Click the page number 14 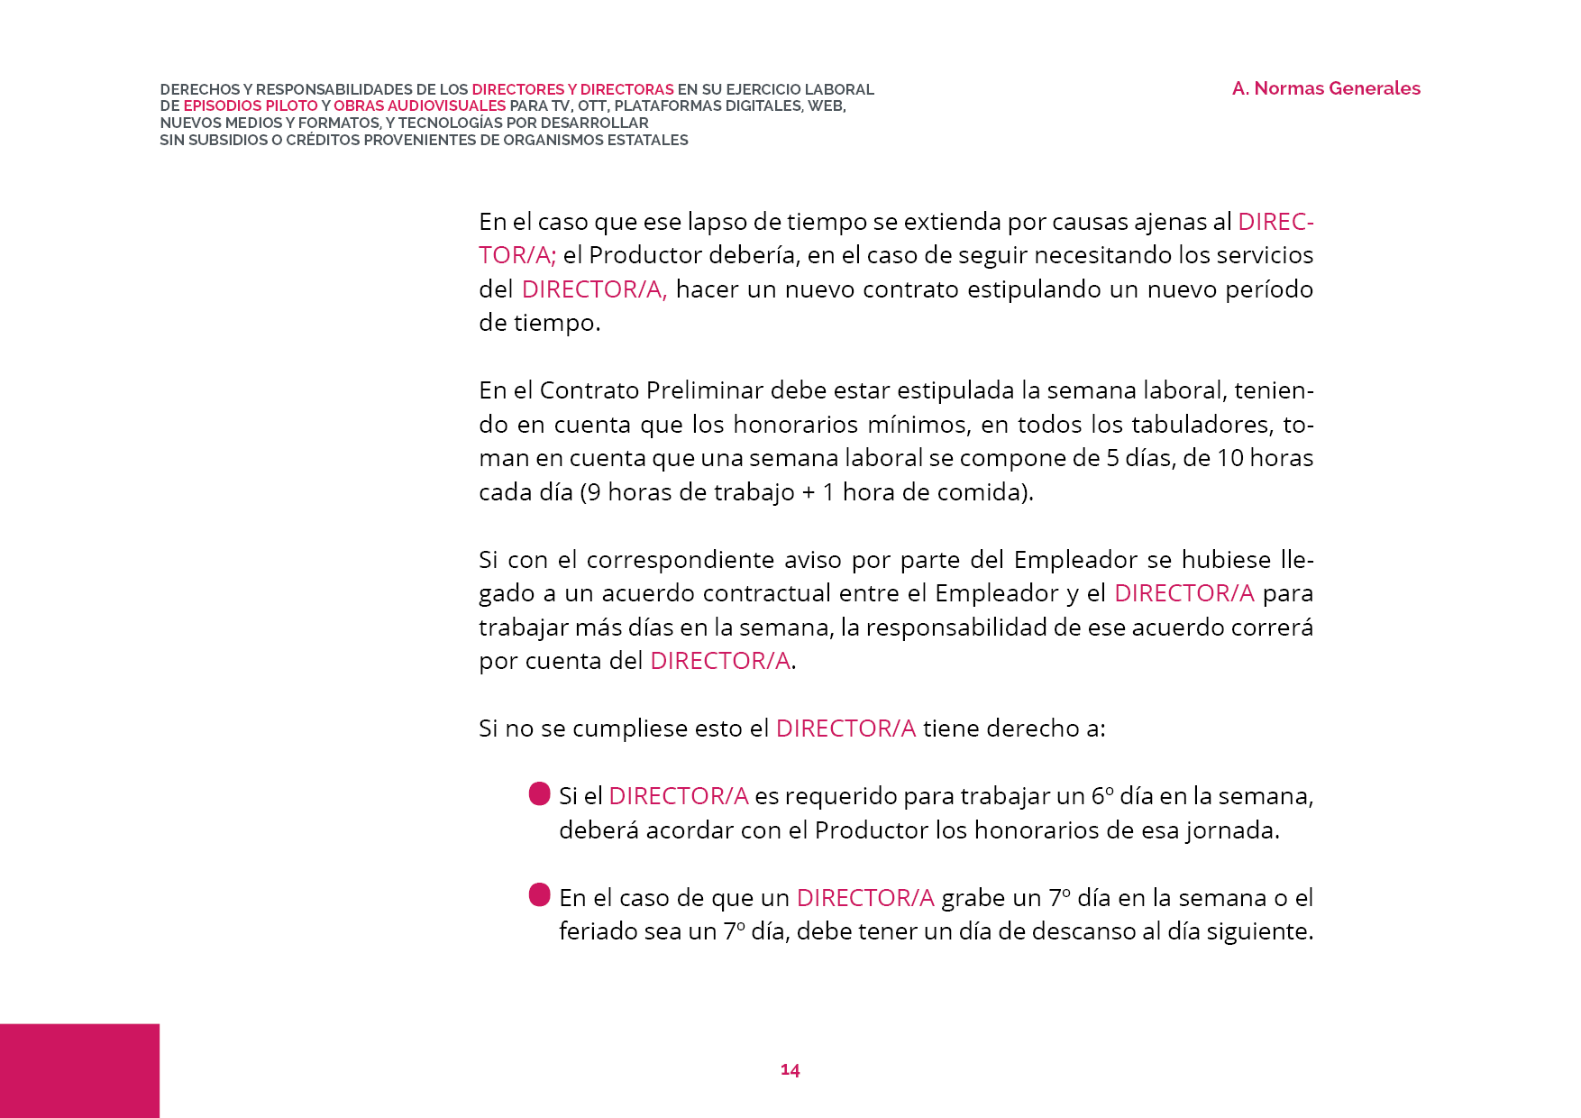pos(790,1069)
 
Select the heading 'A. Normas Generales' pos(1326,88)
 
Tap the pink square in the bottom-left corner pos(79,1070)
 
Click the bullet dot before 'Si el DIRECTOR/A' pos(539,794)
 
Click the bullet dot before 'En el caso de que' pos(539,895)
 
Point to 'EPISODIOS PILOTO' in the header pos(251,106)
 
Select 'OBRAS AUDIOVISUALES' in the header pos(419,106)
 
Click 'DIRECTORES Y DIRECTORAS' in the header pos(572,90)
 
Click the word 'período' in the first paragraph pos(1268,289)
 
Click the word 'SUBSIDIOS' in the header pos(228,141)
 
